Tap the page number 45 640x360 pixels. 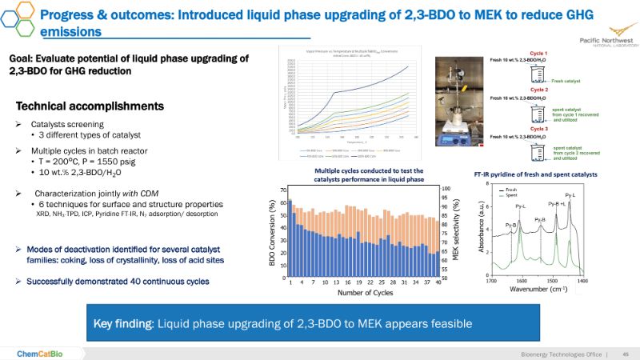coord(626,354)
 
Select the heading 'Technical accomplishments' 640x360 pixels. coord(90,106)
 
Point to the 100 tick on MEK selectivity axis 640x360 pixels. coord(446,190)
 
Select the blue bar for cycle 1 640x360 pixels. coord(290,238)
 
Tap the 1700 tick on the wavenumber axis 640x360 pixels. coord(491,281)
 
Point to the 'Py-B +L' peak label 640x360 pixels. coord(557,204)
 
